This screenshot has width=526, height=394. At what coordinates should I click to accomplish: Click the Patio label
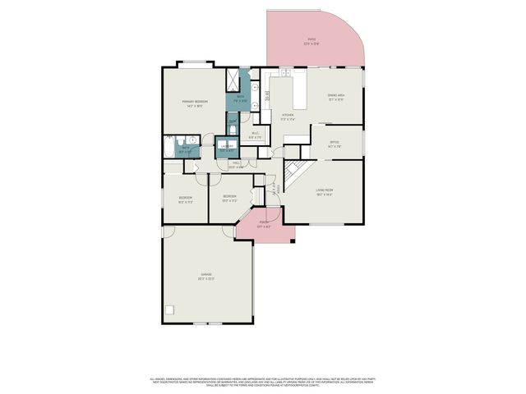(311, 42)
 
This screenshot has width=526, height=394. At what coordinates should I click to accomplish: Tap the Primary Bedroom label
(195, 103)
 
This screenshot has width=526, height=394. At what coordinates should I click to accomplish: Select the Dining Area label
(335, 97)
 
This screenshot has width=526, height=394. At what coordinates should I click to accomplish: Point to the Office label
(335, 144)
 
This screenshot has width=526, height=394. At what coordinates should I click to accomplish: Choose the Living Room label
(324, 193)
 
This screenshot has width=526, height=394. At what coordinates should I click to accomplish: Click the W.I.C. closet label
(255, 135)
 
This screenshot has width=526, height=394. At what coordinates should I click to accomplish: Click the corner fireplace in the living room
(295, 174)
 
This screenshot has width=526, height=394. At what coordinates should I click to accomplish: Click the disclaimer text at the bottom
(263, 382)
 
